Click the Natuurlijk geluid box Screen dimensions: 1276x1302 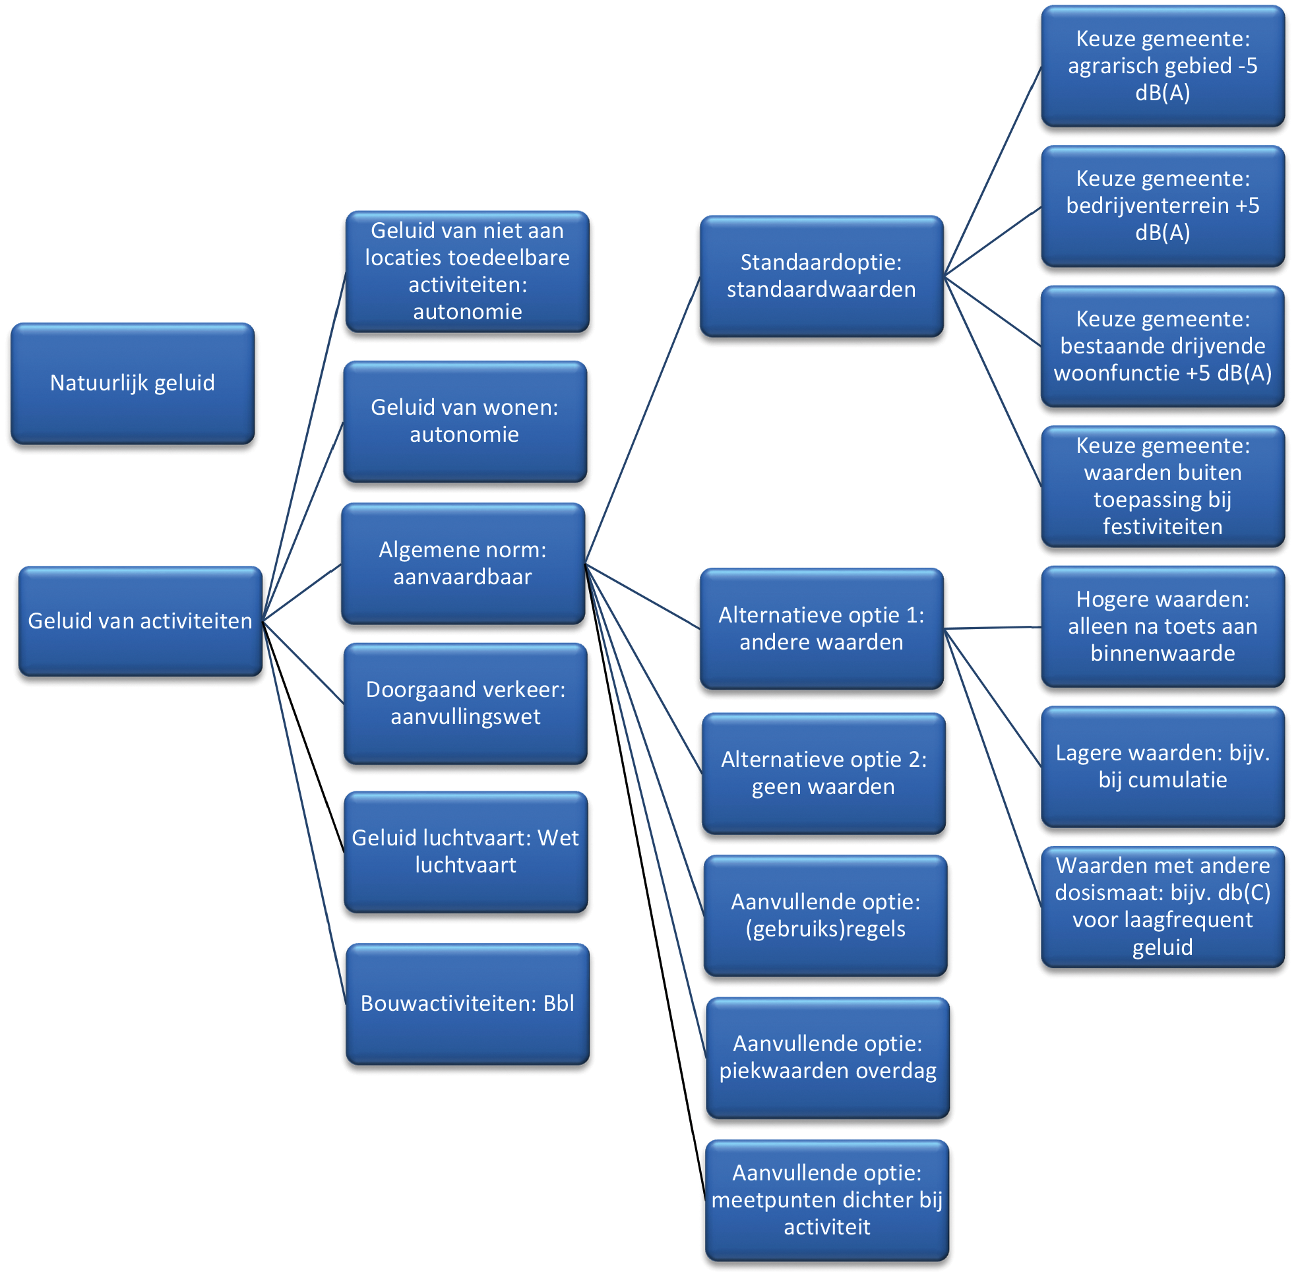132,383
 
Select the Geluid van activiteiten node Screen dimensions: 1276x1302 140,621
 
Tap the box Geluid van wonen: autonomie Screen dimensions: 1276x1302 464,421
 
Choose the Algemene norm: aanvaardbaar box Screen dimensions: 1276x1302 462,564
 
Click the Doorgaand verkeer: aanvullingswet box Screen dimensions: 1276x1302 465,704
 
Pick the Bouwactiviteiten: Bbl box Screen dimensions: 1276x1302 467,1004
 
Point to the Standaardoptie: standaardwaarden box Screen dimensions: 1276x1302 821,276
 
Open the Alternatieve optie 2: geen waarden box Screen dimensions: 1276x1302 823,774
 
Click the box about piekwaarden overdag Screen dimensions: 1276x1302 827,1058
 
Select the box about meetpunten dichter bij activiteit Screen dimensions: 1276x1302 826,1200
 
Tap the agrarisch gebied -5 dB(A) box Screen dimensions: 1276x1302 1162,66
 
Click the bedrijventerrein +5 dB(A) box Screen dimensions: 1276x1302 1162,206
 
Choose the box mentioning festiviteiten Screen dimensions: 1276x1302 1162,487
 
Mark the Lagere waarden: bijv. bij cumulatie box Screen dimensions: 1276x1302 1162,767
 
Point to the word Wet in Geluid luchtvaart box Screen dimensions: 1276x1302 558,838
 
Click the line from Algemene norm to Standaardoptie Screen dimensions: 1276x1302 642,421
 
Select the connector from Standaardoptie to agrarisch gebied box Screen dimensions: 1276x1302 992,171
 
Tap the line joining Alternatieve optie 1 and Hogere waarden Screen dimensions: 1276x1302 992,628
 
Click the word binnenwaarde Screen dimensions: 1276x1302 1162,653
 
